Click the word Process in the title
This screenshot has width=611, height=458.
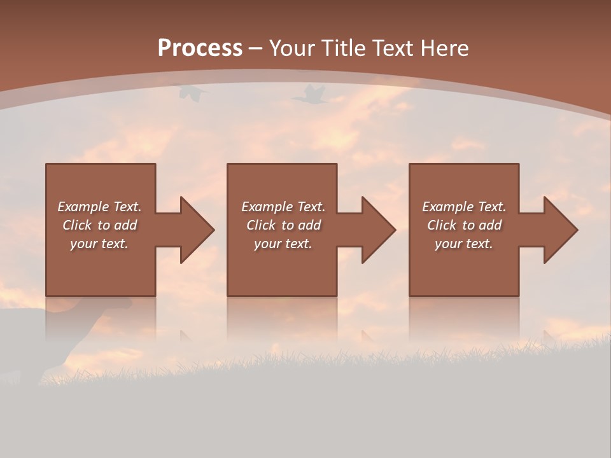[x=200, y=48]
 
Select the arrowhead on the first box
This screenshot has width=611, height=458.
[x=197, y=230]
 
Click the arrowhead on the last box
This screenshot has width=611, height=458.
[x=560, y=230]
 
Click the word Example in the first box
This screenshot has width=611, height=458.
[x=83, y=207]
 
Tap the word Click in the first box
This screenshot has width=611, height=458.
[x=77, y=225]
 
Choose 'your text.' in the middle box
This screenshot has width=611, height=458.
[x=283, y=244]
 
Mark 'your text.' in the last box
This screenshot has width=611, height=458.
[x=463, y=244]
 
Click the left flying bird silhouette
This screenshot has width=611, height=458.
[x=192, y=94]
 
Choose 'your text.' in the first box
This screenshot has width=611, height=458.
[x=99, y=244]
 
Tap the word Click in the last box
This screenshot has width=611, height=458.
[x=442, y=225]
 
